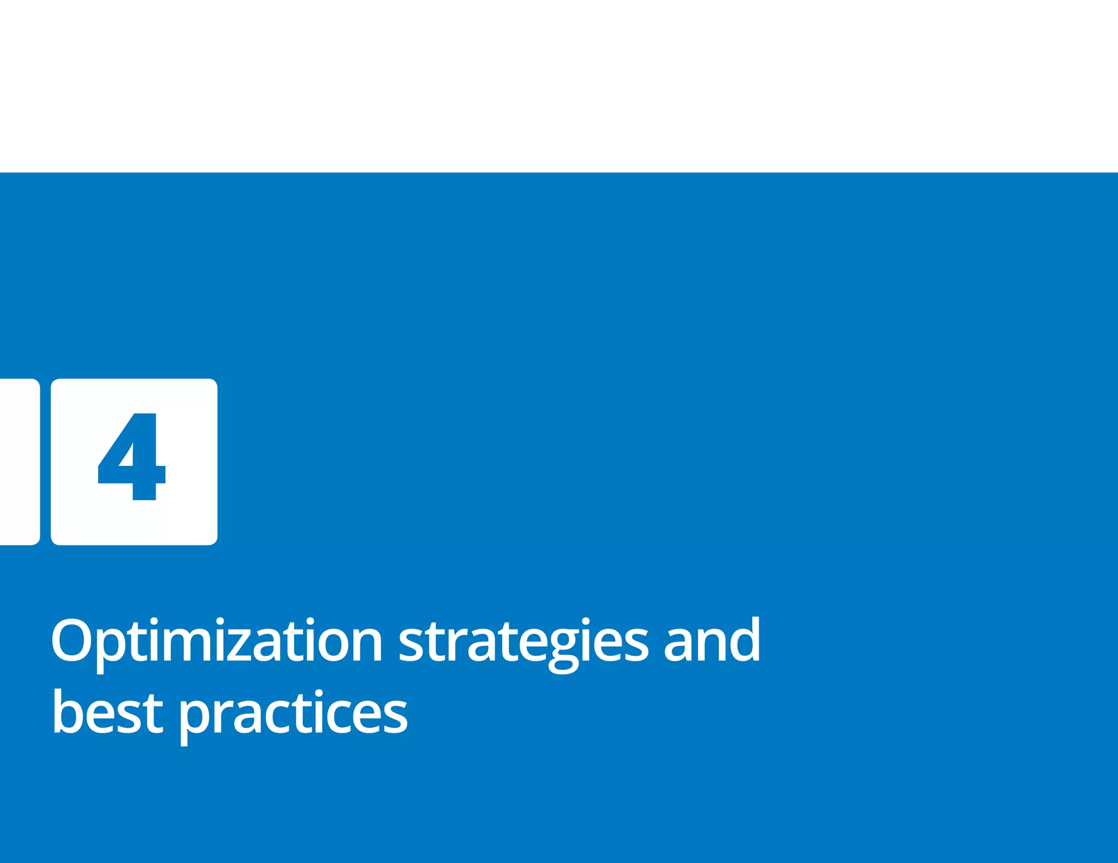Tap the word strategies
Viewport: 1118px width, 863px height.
point(524,642)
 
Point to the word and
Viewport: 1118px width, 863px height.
point(711,640)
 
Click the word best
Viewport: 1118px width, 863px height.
point(108,712)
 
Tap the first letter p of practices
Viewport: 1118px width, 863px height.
point(195,718)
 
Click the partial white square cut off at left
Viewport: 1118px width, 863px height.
point(19,462)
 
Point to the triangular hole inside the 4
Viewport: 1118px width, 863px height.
point(127,457)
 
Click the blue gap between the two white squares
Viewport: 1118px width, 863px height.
point(45,462)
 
